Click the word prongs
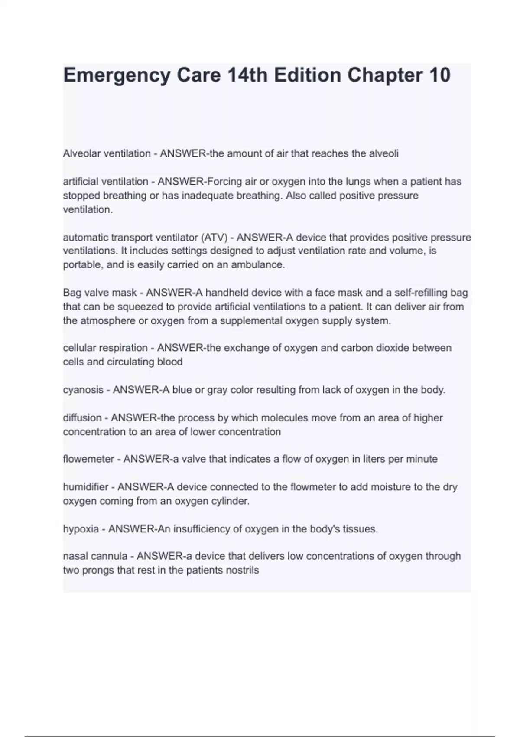coord(96,570)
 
